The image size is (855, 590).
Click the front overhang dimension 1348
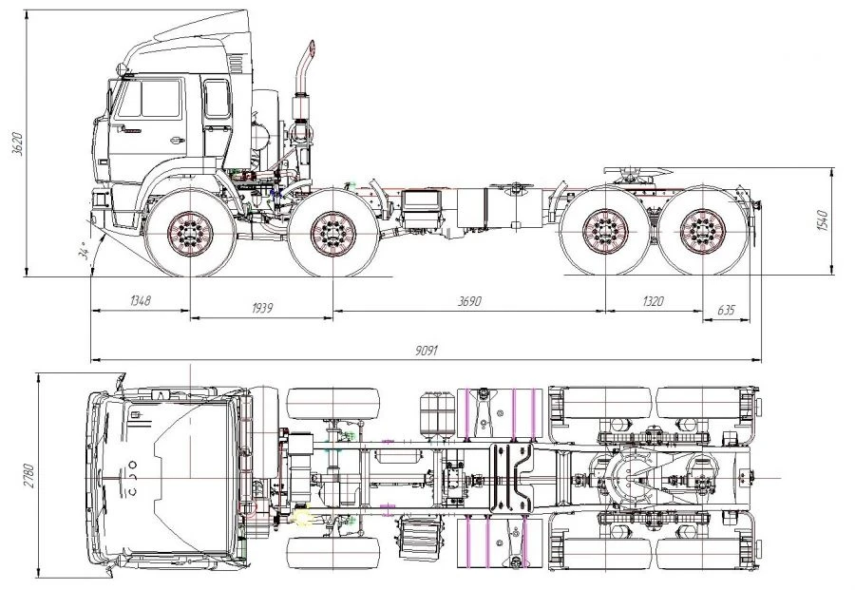(141, 302)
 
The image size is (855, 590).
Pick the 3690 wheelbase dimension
(468, 302)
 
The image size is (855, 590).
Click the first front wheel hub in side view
(190, 232)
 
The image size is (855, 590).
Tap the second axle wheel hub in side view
(332, 232)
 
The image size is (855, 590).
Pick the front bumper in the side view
(102, 202)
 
